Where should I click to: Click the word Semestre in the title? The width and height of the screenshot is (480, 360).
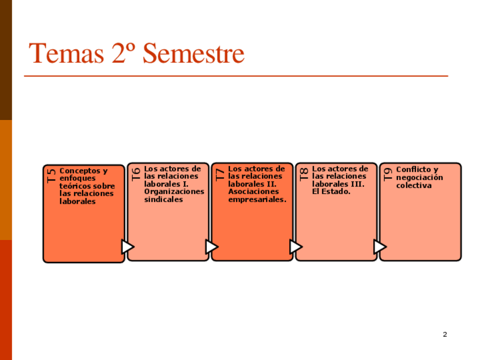(194, 54)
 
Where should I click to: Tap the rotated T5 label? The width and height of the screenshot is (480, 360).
(52, 175)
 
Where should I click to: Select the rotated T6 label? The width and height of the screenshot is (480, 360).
(136, 173)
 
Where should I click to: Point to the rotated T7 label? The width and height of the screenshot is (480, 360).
(220, 173)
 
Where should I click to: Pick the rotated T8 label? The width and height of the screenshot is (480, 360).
(304, 173)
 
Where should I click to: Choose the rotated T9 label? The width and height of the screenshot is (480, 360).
(388, 173)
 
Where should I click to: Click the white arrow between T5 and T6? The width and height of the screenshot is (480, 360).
(127, 247)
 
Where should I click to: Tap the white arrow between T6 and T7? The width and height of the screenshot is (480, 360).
(211, 247)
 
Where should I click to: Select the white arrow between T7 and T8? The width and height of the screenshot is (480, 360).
(295, 247)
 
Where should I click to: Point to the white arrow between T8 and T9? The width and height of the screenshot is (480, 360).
(379, 247)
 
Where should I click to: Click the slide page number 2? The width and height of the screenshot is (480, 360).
(445, 335)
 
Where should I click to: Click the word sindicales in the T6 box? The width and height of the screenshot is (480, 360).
(164, 199)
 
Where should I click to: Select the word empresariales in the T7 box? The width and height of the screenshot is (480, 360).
(256, 199)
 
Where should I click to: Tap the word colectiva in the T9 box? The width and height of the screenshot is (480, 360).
(414, 185)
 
